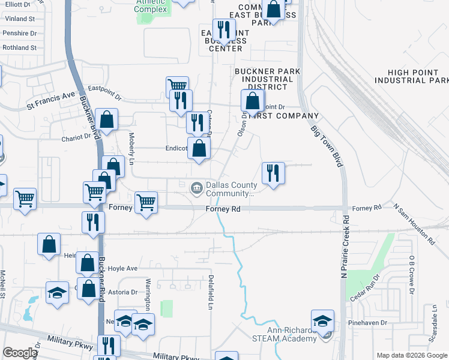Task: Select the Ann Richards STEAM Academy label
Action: tap(292, 334)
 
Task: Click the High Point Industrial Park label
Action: tap(411, 76)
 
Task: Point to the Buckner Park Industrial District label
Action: tap(267, 79)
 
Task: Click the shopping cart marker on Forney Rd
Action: tap(146, 203)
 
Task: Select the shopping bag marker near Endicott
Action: tap(199, 148)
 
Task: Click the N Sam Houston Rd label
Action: tap(414, 219)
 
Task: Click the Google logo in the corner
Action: tap(20, 353)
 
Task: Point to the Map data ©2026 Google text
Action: tap(412, 355)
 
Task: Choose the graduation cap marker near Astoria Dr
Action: tap(57, 293)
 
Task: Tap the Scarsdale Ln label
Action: tap(432, 324)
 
